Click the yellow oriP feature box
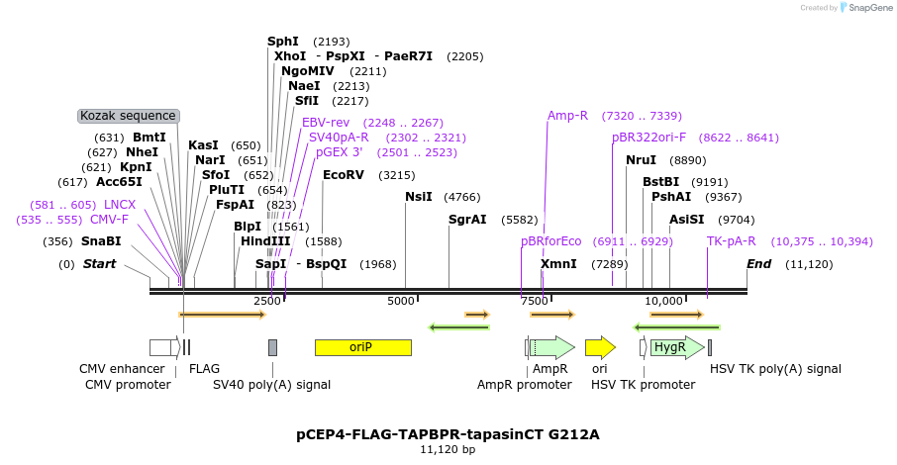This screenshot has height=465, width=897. coord(362,347)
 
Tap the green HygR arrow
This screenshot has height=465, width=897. coord(676,347)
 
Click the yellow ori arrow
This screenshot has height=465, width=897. coord(599,347)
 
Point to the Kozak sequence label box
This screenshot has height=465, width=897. coord(129,116)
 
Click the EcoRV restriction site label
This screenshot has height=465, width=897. coord(344,175)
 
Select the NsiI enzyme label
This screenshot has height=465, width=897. coord(419,197)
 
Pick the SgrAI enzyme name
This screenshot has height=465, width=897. coord(467,220)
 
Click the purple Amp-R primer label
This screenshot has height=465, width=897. coord(567,116)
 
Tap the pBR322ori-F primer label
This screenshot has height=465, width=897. coord(648,138)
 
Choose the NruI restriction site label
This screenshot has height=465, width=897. coord(641,159)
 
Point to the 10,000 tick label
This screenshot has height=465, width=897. coord(663,301)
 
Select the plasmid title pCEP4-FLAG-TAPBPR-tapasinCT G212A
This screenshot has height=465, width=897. coord(448,434)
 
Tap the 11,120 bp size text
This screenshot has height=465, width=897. coord(448,450)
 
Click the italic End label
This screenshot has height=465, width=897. coord(758,264)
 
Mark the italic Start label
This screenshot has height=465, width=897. coord(99,264)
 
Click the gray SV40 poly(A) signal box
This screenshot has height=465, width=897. coord(272,347)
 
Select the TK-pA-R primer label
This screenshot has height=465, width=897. coord(732,241)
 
